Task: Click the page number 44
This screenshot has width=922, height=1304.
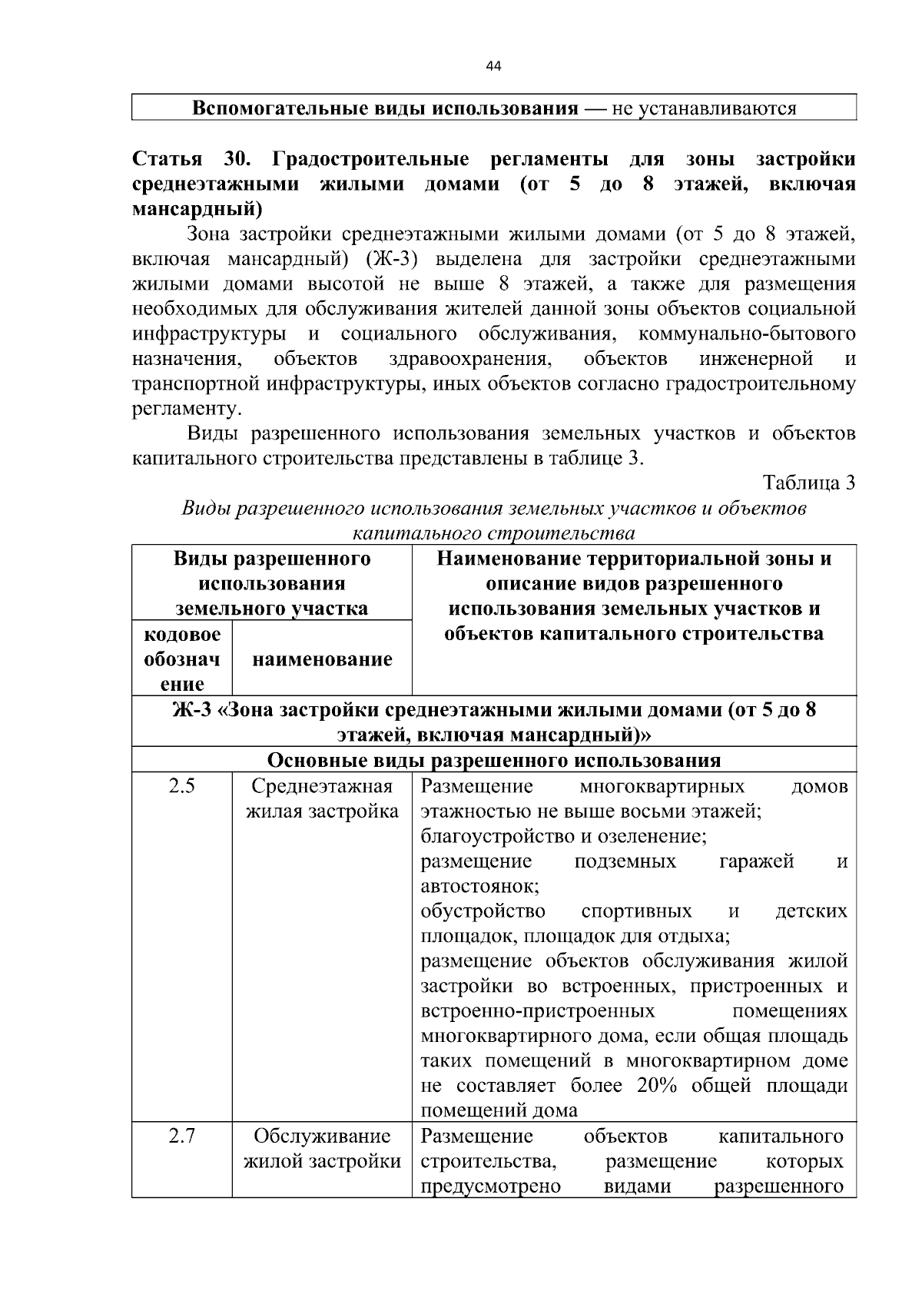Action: pos(493,67)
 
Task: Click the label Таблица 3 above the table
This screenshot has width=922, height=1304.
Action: pos(808,483)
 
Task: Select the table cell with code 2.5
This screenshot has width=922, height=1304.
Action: pos(182,786)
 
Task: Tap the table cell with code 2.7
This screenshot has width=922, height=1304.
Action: pos(182,1136)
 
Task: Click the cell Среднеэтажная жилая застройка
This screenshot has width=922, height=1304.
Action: pos(322,799)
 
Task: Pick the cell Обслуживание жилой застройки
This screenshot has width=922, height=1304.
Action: pos(322,1148)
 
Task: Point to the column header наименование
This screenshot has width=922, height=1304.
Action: pos(322,659)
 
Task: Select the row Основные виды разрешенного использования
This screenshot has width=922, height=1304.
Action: pos(493,761)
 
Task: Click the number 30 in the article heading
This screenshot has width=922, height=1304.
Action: pos(236,159)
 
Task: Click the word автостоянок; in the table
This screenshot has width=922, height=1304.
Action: pos(479,886)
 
